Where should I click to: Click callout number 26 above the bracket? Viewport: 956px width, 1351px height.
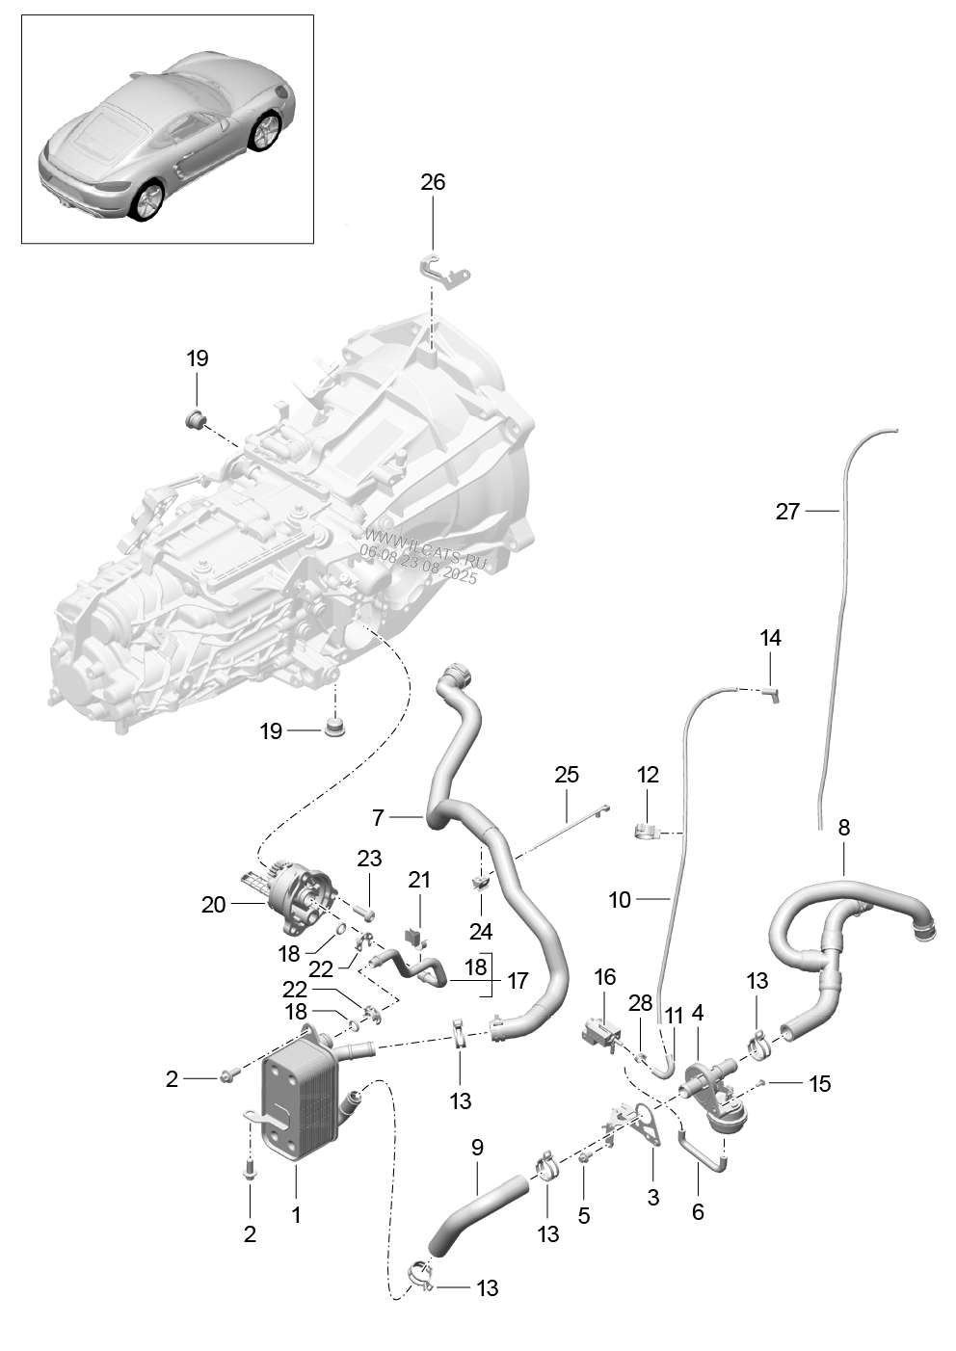pos(433,182)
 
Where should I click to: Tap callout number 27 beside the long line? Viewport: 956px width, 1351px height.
pos(787,512)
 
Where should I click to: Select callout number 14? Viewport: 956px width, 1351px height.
pos(770,638)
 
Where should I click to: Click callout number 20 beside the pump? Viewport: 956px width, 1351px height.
pos(213,905)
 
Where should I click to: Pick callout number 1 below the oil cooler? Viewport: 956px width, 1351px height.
pos(297,1215)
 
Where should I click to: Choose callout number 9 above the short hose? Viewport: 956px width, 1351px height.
pos(477,1148)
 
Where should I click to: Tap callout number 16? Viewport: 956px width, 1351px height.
pos(604,978)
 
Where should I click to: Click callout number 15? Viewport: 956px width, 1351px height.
pos(819,1084)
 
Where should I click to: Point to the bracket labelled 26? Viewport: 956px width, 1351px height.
pos(444,272)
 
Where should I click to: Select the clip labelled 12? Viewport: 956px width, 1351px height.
pos(647,831)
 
